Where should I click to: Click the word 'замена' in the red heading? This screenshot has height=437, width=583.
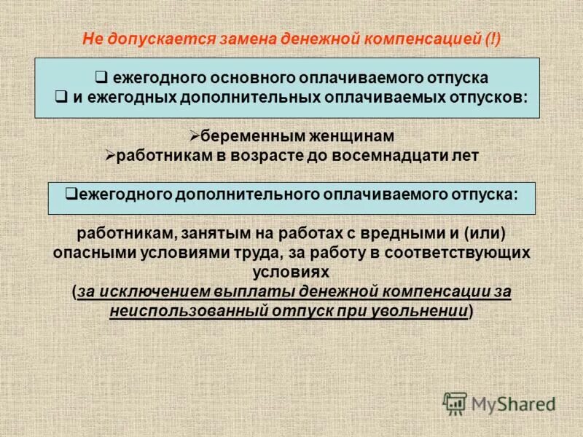pyautogui.click(x=231, y=39)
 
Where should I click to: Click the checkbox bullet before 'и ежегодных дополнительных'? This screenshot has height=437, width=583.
pyautogui.click(x=62, y=96)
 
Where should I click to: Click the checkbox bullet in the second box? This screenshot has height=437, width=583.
pyautogui.click(x=71, y=194)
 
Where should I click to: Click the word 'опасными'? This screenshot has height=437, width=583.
pyautogui.click(x=89, y=253)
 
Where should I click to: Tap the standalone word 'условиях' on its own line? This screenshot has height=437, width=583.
pyautogui.click(x=291, y=272)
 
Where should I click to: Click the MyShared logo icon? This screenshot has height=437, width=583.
pyautogui.click(x=455, y=402)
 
